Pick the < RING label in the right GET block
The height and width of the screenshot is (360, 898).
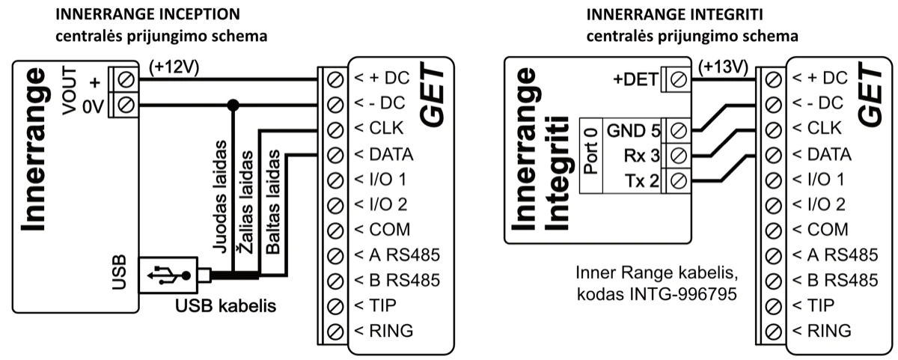coord(821,330)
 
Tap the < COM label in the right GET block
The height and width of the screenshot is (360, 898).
coord(819,229)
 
